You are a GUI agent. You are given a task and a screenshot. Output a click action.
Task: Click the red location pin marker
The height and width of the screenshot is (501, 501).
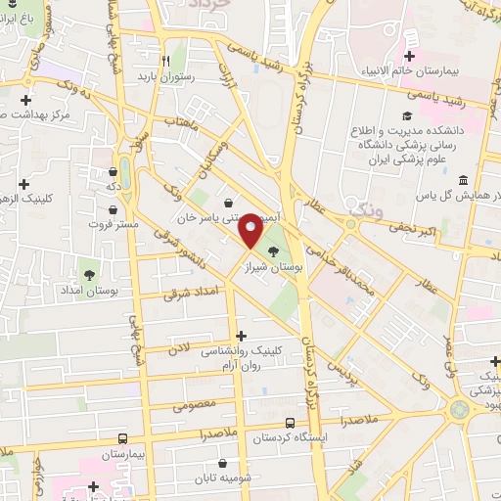[x=250, y=230]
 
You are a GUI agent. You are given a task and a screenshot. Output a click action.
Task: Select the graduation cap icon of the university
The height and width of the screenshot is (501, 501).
[x=406, y=115]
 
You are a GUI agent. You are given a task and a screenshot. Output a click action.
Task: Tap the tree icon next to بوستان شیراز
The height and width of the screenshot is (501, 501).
[x=272, y=224]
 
